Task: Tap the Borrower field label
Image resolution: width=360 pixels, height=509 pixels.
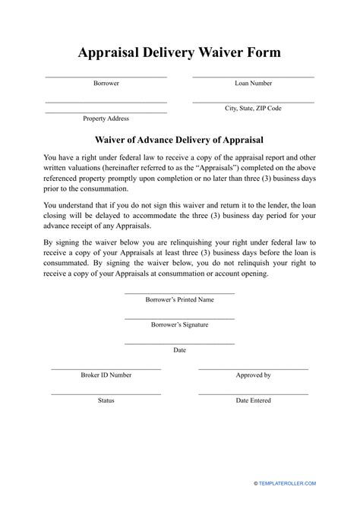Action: (106, 84)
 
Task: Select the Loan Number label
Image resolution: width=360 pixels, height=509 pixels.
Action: (253, 84)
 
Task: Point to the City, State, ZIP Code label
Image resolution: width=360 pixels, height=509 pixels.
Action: (253, 109)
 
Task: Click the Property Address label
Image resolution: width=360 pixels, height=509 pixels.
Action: (106, 119)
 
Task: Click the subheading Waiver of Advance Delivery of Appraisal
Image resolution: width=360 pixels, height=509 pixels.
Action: (179, 140)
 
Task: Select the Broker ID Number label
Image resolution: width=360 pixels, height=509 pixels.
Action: (106, 375)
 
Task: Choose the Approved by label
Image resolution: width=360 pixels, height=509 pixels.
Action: (253, 375)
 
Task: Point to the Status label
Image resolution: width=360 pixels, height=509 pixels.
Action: (106, 400)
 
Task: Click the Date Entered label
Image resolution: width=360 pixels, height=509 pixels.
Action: (253, 400)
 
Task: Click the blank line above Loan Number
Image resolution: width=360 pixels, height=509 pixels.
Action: (253, 77)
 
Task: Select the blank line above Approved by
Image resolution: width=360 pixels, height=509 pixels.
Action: (253, 368)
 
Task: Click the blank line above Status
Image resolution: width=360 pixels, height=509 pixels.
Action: (106, 394)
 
